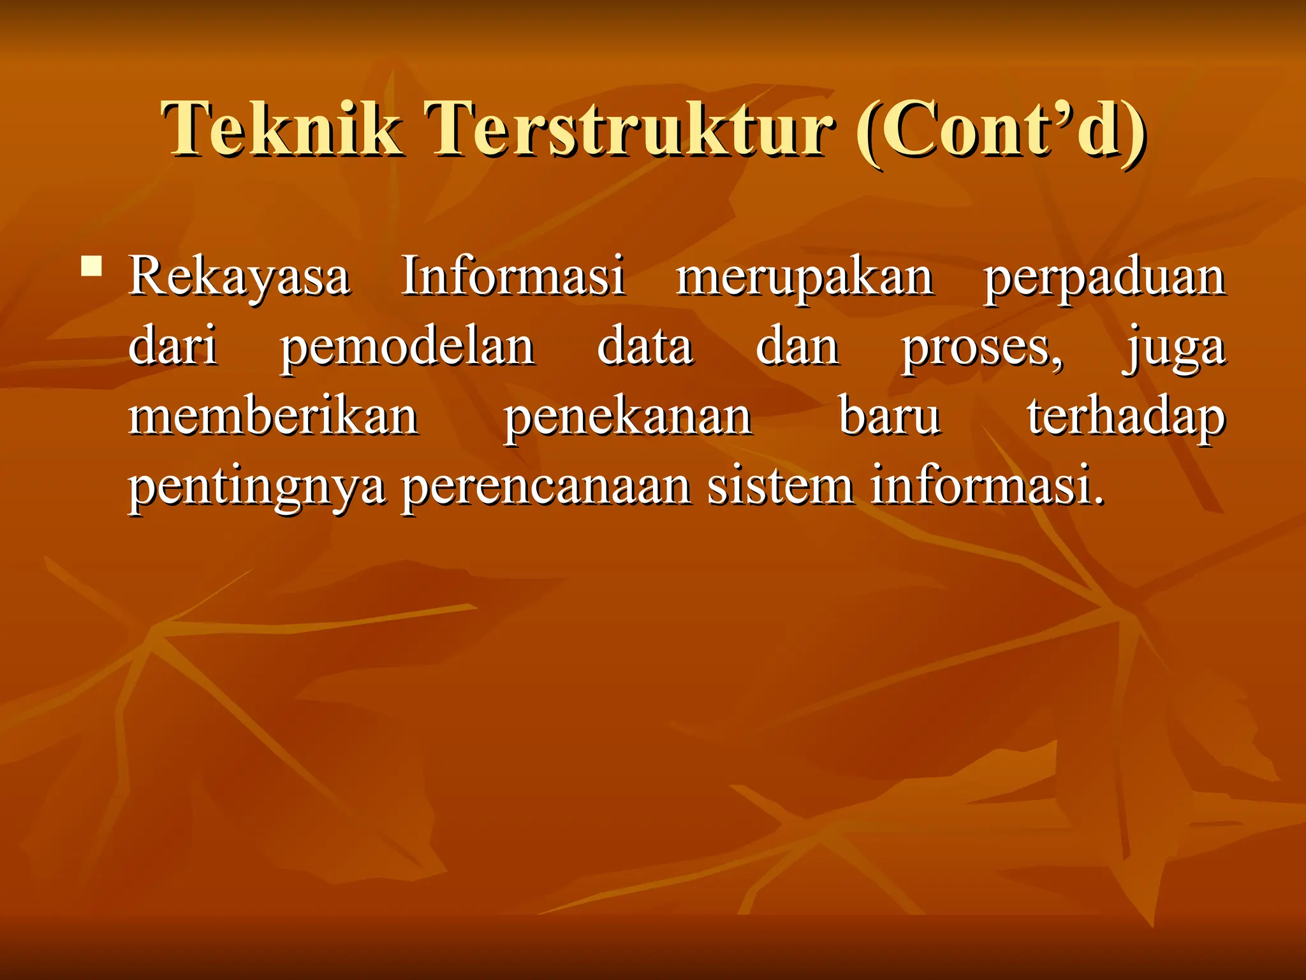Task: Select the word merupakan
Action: tap(805, 278)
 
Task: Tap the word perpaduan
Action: tap(1104, 278)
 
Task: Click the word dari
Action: tap(173, 346)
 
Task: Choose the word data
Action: tap(645, 346)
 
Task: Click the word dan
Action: tap(797, 346)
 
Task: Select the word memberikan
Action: tap(274, 416)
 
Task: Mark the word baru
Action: tap(889, 416)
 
